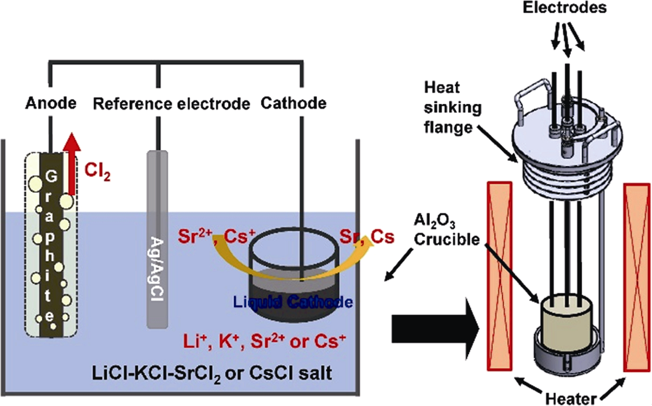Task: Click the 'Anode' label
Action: pyautogui.click(x=52, y=104)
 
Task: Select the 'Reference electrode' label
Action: pyautogui.click(x=172, y=104)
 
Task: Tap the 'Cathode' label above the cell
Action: pyautogui.click(x=293, y=104)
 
